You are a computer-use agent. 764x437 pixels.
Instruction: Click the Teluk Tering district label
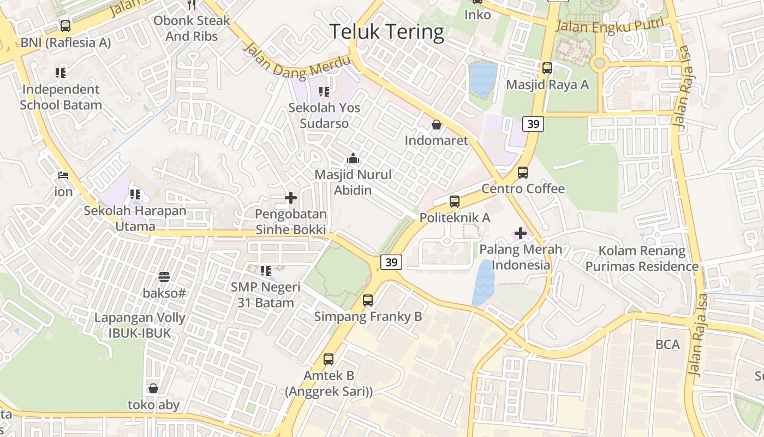pyautogui.click(x=387, y=32)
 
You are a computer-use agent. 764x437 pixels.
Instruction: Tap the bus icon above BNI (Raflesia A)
pyautogui.click(x=65, y=26)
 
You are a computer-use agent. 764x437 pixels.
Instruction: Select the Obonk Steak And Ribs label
pyautogui.click(x=192, y=28)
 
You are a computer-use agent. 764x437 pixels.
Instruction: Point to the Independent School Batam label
pyautogui.click(x=61, y=97)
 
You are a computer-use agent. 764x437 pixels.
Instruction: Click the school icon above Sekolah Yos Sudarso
pyautogui.click(x=324, y=91)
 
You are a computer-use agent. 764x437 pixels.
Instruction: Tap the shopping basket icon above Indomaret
pyautogui.click(x=437, y=125)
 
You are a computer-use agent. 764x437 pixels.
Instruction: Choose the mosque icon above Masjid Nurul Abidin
pyautogui.click(x=353, y=159)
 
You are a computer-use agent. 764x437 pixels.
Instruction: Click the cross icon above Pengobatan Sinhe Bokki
pyautogui.click(x=291, y=198)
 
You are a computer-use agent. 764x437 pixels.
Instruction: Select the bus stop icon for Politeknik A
pyautogui.click(x=455, y=202)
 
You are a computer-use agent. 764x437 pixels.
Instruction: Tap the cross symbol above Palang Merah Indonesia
pyautogui.click(x=521, y=234)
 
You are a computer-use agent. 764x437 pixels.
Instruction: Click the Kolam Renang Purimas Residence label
pyautogui.click(x=642, y=258)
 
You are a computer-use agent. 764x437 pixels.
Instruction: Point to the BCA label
pyautogui.click(x=668, y=345)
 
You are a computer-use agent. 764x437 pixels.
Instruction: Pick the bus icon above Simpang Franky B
pyautogui.click(x=368, y=300)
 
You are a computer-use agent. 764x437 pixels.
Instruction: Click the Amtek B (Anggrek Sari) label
pyautogui.click(x=329, y=383)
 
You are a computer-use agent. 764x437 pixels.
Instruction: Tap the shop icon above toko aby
pyautogui.click(x=153, y=388)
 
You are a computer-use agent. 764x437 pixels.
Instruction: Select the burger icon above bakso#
pyautogui.click(x=164, y=277)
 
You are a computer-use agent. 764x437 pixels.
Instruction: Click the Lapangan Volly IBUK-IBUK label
pyautogui.click(x=140, y=325)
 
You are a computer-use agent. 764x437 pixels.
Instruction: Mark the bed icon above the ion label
pyautogui.click(x=63, y=175)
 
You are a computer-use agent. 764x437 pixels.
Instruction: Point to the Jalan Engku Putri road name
pyautogui.click(x=610, y=25)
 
